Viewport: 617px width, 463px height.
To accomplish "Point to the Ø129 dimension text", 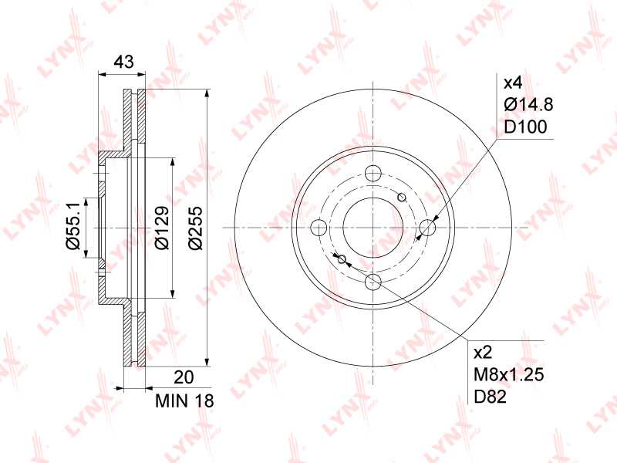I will pyautogui.click(x=160, y=228).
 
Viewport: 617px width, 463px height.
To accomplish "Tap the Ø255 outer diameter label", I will pyautogui.click(x=196, y=228).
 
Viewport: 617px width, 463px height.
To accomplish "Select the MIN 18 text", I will pyautogui.click(x=184, y=401).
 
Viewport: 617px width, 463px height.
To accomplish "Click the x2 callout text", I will pyautogui.click(x=482, y=353).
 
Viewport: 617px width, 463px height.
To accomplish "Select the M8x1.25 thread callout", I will pyautogui.click(x=509, y=376).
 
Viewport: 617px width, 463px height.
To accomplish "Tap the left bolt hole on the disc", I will pyautogui.click(x=319, y=228).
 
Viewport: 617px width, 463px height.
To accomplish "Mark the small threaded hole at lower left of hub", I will pyautogui.click(x=342, y=259).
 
